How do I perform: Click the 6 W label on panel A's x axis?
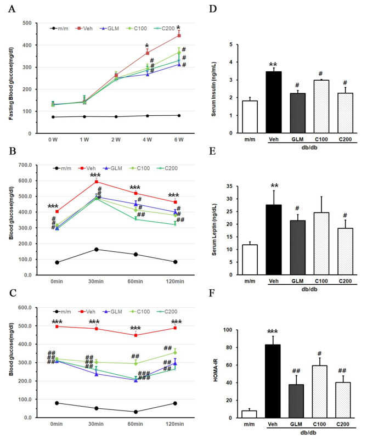[x=179, y=140]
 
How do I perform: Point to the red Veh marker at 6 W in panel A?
[x=178, y=36]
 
